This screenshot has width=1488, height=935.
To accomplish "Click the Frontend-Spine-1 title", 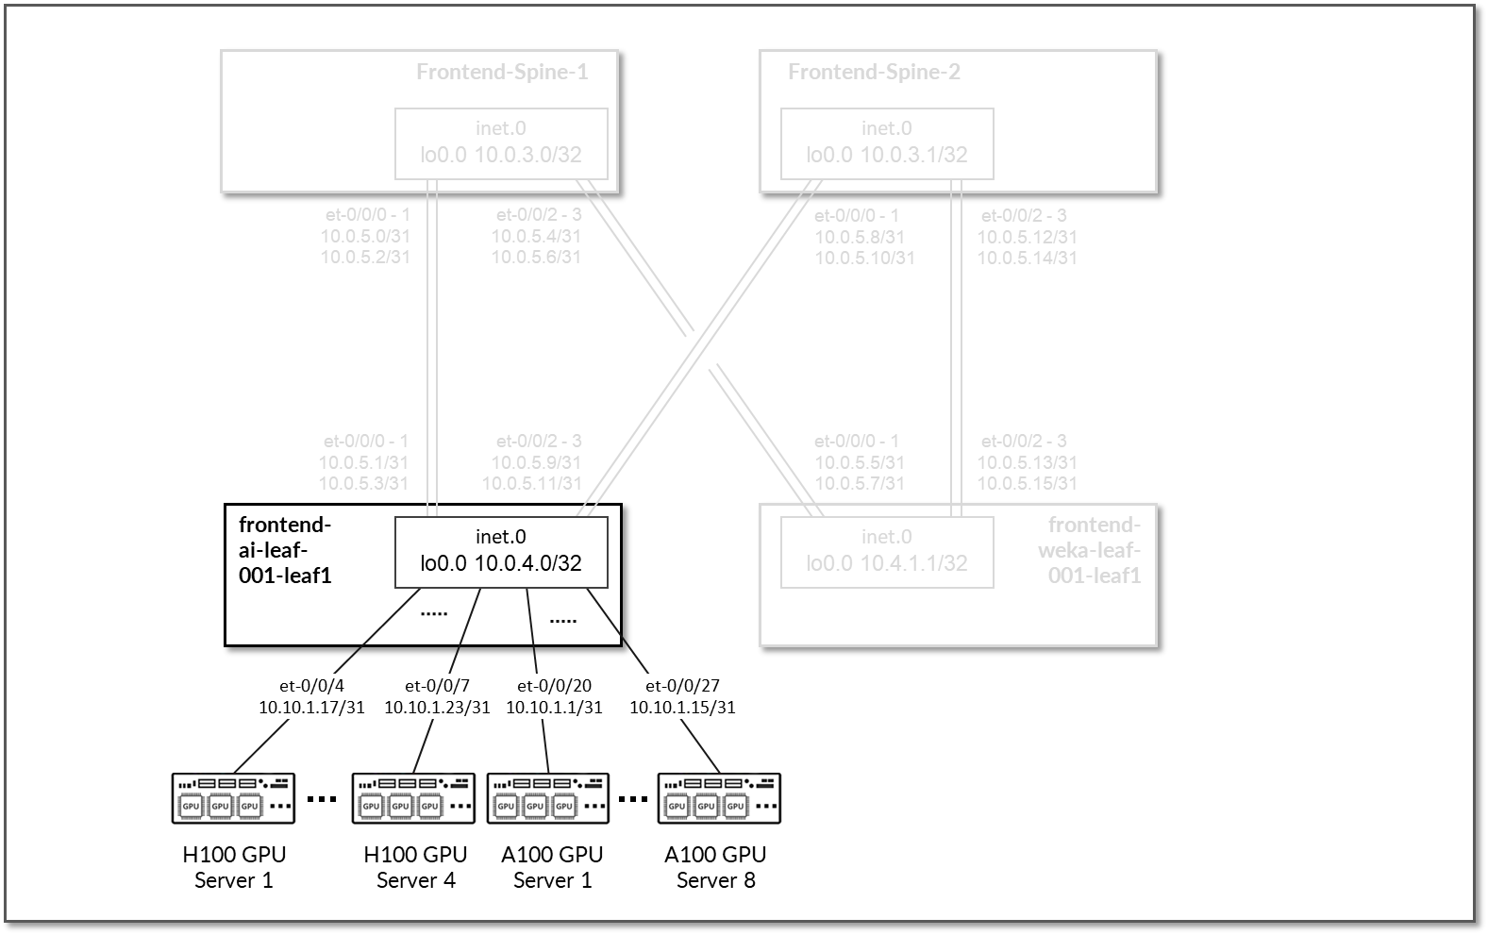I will (x=502, y=73).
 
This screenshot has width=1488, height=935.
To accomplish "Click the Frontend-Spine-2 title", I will (x=874, y=73).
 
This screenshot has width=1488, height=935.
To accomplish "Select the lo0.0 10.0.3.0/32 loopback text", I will (x=501, y=155).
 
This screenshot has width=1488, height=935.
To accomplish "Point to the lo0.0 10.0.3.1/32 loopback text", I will (x=887, y=155).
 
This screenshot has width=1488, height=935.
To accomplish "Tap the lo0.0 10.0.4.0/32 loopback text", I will (x=501, y=563).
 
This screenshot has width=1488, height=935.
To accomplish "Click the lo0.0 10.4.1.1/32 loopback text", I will (x=887, y=563).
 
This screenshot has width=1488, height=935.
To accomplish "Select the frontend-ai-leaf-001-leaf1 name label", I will (x=285, y=549).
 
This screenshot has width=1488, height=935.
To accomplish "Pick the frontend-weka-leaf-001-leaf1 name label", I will (x=1095, y=549).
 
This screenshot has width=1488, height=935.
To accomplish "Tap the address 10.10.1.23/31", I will (x=437, y=707).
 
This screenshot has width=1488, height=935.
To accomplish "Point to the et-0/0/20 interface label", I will (x=554, y=686).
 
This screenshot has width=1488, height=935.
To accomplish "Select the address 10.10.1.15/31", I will (x=682, y=707).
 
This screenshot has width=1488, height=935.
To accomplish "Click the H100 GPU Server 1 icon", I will (x=233, y=798).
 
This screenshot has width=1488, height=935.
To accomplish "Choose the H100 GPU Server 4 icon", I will (x=413, y=798).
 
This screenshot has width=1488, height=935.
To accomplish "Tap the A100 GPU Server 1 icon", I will (x=548, y=798).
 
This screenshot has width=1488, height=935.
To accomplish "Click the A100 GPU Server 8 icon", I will (x=719, y=798).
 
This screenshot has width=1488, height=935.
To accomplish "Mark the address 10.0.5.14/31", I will (x=1027, y=258).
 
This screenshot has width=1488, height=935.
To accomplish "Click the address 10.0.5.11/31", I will (x=532, y=483).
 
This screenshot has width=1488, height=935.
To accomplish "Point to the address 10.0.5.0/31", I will (x=365, y=237).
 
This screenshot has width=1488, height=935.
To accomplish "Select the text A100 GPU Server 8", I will (x=715, y=867).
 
